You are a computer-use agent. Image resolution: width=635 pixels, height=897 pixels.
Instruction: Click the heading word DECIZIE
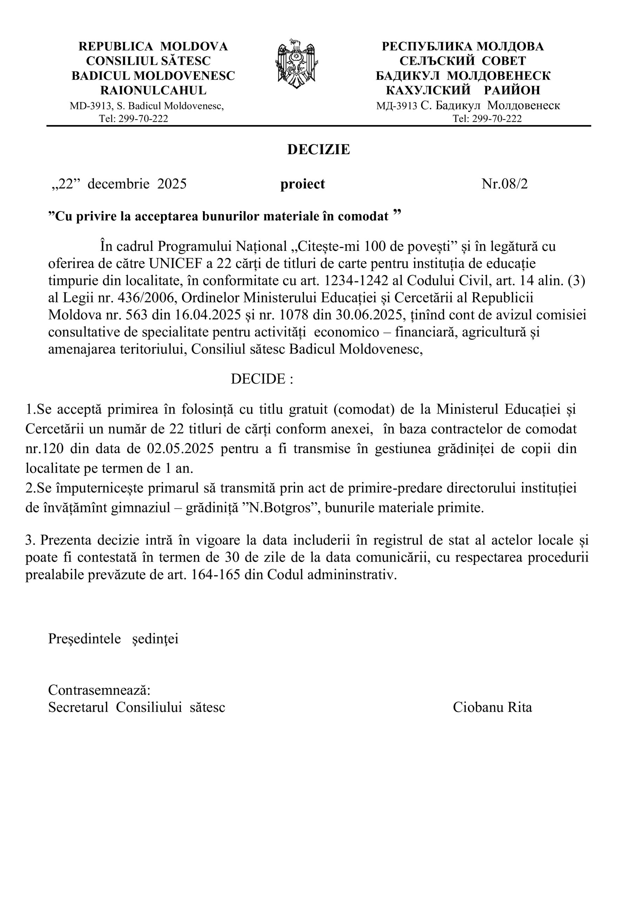click(x=318, y=150)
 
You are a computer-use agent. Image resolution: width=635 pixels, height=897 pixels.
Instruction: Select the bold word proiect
click(x=302, y=184)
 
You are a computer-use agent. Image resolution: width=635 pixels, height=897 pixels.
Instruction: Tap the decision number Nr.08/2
click(x=505, y=184)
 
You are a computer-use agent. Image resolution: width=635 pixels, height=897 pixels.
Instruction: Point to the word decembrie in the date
click(x=118, y=184)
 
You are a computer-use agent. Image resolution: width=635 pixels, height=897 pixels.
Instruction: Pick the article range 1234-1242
click(x=357, y=281)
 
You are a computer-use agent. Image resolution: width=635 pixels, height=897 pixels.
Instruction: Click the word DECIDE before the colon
click(x=258, y=379)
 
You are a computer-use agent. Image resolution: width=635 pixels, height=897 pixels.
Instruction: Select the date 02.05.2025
click(x=180, y=448)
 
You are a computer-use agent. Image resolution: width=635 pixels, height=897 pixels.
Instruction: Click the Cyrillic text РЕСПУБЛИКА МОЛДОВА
click(x=462, y=47)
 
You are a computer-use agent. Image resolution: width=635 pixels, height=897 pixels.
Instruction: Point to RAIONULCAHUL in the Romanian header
click(x=153, y=90)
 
